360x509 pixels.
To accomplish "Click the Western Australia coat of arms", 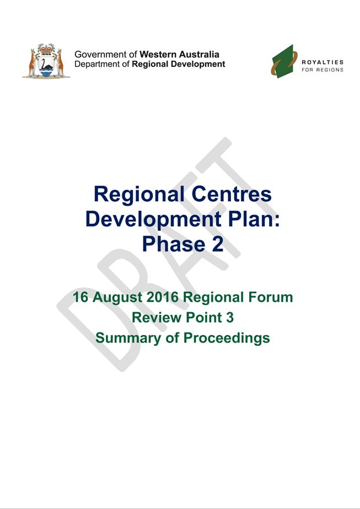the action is (x=46, y=61).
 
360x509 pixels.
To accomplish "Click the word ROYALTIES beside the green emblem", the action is (x=323, y=62).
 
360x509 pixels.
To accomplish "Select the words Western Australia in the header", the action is (x=179, y=54).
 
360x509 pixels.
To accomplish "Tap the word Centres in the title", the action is (x=231, y=194).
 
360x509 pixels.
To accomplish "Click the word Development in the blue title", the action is (x=155, y=219).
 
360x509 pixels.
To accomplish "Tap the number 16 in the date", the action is (x=80, y=297).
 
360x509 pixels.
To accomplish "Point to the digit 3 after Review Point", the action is (x=230, y=318).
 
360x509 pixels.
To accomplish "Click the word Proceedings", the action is (x=227, y=339).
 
